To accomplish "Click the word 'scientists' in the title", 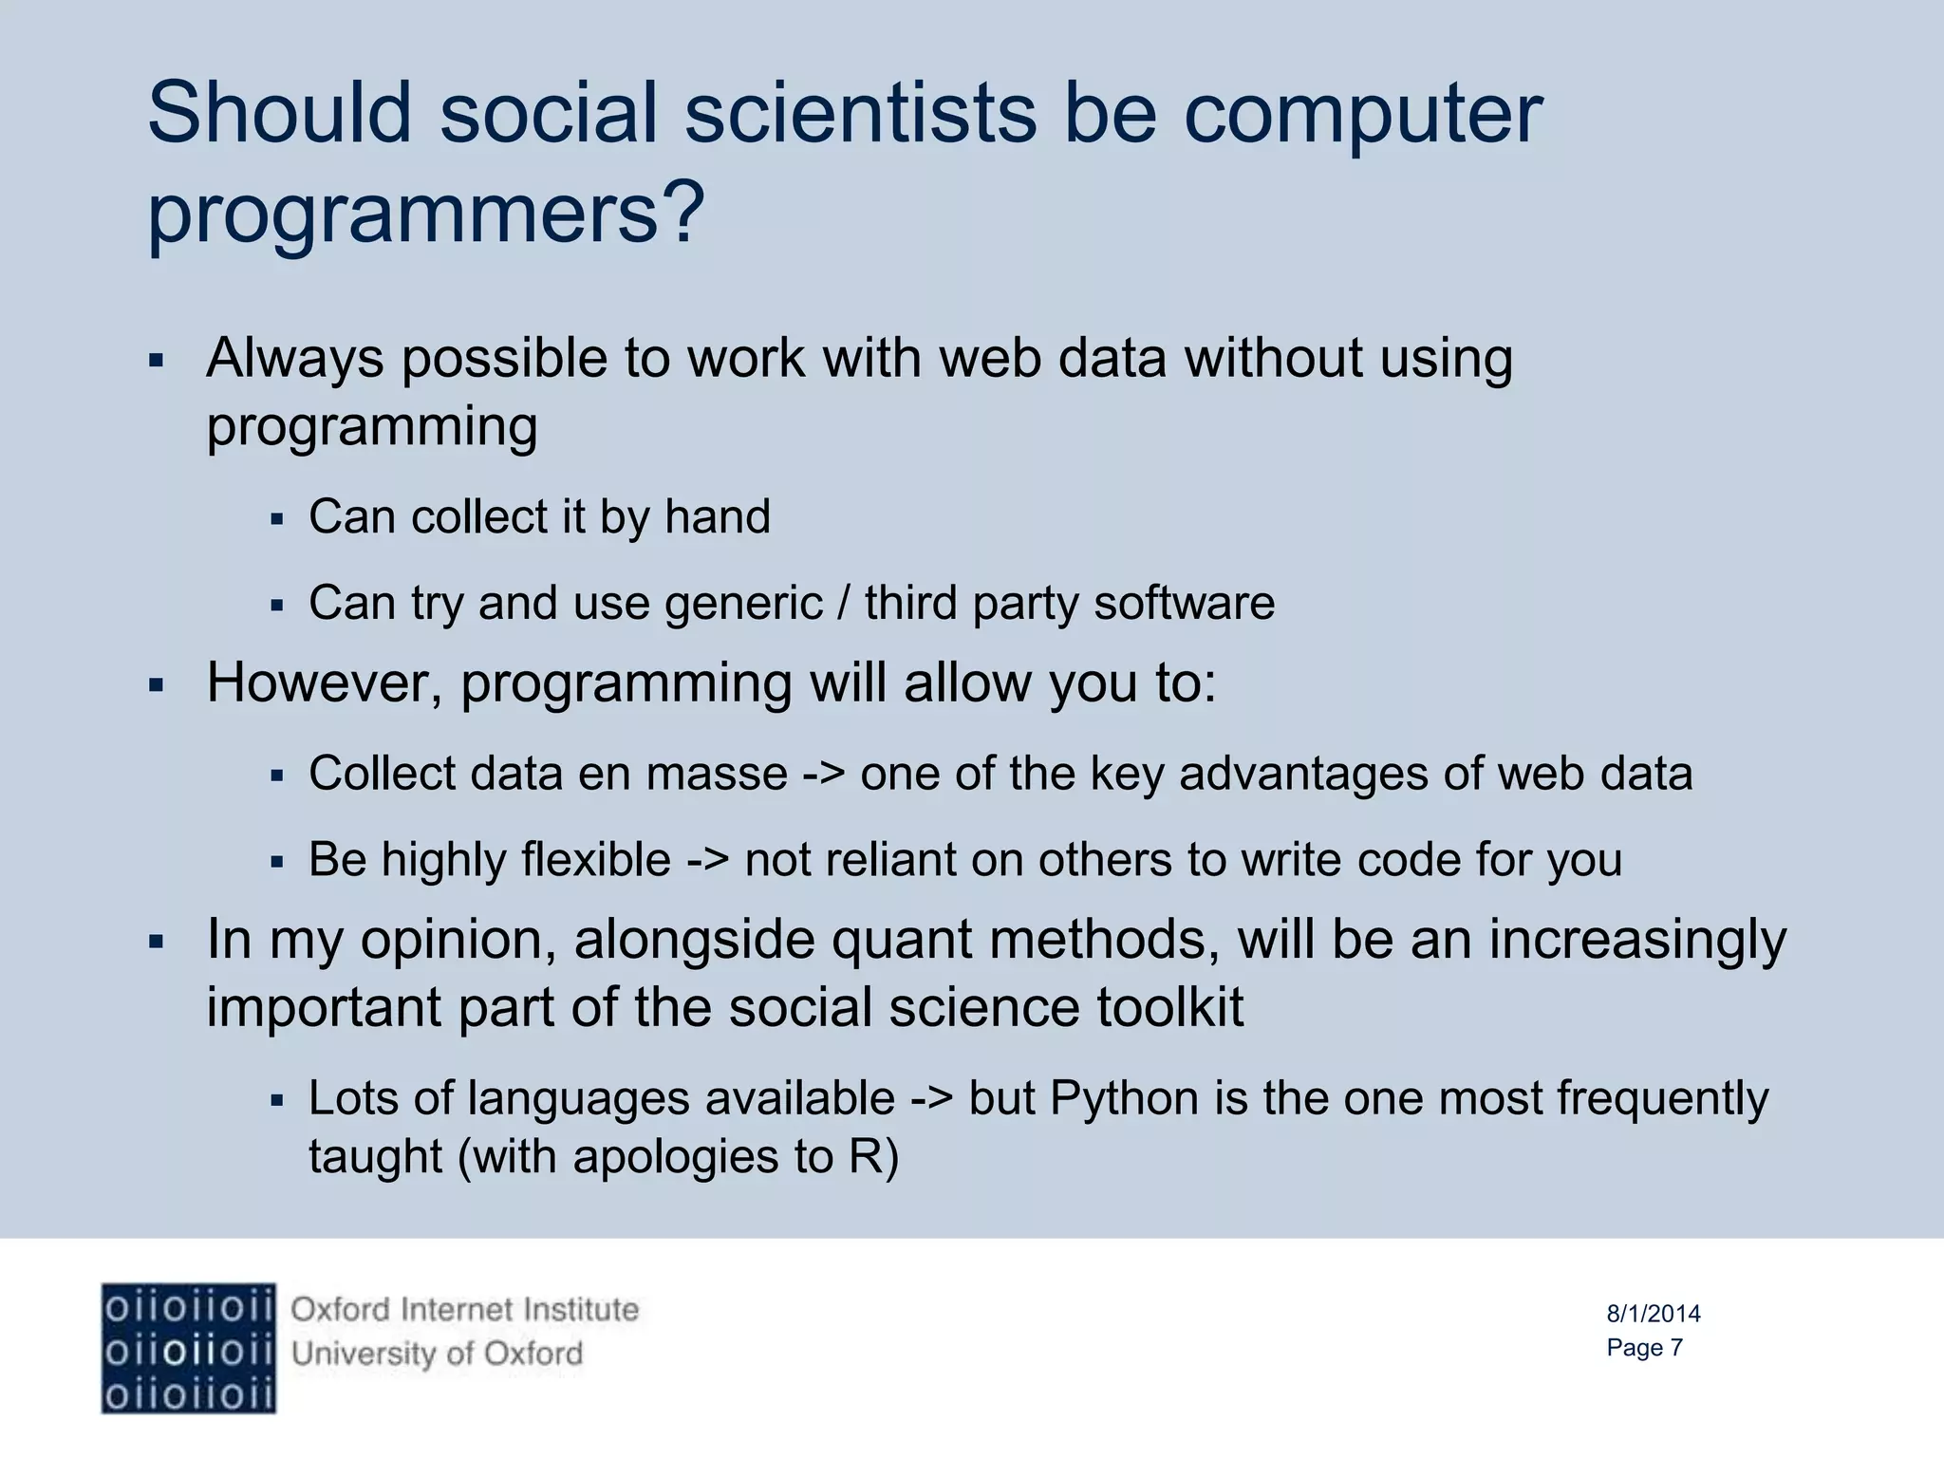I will (860, 114).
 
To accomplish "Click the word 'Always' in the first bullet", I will (294, 360).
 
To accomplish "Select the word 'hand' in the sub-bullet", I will (717, 517).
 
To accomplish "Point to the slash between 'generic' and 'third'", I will (843, 604).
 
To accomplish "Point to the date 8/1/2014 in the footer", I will (1653, 1314).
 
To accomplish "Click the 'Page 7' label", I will (1644, 1348).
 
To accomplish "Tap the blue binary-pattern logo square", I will (188, 1348).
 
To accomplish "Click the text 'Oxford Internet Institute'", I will (464, 1310).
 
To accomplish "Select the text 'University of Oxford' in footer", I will (437, 1354).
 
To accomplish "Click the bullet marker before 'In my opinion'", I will (157, 943).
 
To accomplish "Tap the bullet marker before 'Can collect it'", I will (277, 519).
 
